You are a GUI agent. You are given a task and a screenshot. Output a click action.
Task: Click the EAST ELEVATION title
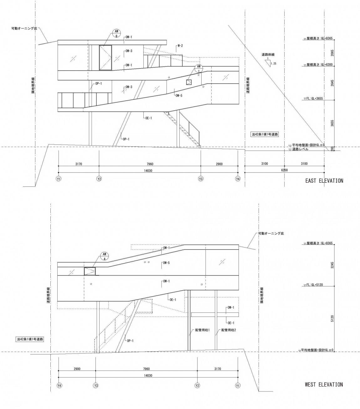(324, 181)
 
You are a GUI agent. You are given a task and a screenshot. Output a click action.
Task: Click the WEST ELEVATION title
(324, 384)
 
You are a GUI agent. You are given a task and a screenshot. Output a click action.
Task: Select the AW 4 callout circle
(104, 256)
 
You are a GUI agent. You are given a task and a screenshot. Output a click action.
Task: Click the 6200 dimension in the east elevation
(284, 170)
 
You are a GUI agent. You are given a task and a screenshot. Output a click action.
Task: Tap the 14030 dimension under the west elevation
(148, 375)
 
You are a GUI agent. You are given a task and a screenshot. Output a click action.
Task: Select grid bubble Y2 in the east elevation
(99, 179)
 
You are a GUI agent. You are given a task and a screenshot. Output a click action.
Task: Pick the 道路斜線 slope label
(268, 55)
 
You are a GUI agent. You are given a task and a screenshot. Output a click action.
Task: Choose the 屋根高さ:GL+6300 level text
(320, 65)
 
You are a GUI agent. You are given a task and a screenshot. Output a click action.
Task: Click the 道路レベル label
(300, 149)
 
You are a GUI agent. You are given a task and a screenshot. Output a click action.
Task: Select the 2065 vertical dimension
(332, 52)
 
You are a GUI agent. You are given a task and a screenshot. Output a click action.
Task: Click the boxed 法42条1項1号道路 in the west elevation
(30, 339)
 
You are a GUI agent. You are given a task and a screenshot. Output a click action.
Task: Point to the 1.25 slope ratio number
(274, 64)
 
